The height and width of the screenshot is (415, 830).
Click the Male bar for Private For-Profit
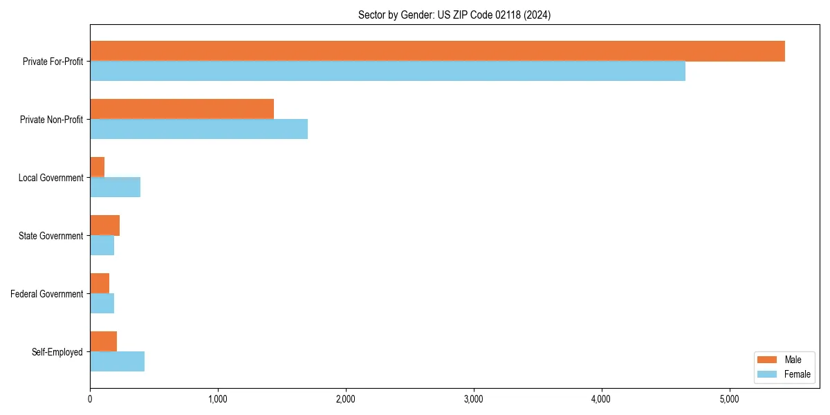coord(437,51)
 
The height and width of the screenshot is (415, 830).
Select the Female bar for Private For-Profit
coord(387,71)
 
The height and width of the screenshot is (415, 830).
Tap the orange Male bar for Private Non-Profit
coord(182,109)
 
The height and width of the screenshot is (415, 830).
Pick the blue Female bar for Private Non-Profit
coord(199,129)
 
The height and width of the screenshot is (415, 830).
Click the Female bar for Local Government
coord(115,187)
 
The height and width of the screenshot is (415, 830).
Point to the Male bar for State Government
coord(104,225)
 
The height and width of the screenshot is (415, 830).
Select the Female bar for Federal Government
coord(102,304)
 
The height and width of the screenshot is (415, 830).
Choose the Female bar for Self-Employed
coord(117,362)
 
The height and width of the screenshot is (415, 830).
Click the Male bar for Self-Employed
coord(103,342)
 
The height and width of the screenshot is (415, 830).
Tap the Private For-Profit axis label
coord(53,62)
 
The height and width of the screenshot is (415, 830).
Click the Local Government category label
coord(50,178)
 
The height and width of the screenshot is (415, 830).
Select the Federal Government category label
coord(47,294)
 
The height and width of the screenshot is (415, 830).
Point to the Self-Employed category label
coord(57,352)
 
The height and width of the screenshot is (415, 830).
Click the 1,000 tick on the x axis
coord(218,399)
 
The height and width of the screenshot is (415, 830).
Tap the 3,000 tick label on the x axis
coord(474,399)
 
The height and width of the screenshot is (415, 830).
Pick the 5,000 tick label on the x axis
coord(730,399)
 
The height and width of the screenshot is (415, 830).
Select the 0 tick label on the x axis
coord(90,399)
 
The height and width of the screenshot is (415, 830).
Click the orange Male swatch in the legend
coord(768,360)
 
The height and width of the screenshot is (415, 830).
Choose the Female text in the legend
coord(797,374)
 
